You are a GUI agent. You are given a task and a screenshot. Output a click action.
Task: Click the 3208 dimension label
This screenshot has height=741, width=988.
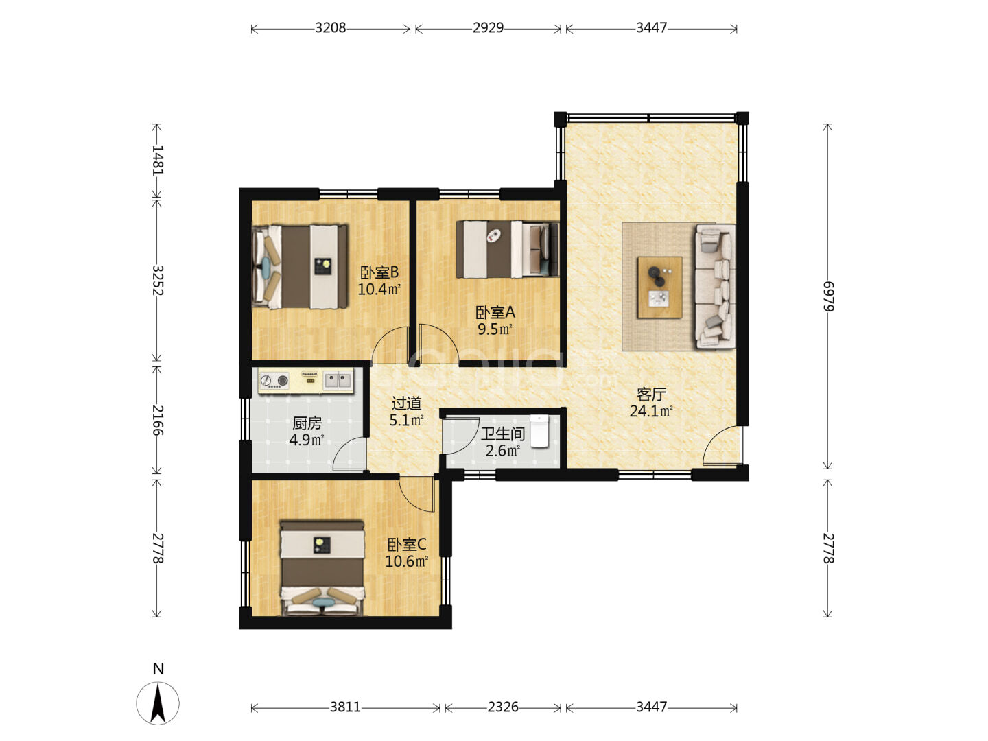click(330, 28)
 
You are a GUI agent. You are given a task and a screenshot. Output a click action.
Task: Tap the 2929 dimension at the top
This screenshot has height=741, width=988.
click(487, 28)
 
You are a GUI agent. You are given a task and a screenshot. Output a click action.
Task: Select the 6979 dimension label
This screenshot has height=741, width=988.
click(828, 296)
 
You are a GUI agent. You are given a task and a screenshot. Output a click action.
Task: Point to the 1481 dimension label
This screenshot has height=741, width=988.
click(158, 160)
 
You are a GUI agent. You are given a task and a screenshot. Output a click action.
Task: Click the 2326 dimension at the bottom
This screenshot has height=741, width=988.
click(503, 707)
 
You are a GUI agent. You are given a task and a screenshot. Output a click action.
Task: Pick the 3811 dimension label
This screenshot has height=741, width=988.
click(345, 707)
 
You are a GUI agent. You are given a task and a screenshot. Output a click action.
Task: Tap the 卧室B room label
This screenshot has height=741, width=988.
click(379, 272)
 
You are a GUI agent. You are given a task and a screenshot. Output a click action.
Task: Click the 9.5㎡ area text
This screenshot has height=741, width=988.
click(495, 329)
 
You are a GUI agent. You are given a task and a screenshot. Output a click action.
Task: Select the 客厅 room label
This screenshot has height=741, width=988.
click(651, 394)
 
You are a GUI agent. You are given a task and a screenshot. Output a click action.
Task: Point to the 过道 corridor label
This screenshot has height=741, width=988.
click(406, 403)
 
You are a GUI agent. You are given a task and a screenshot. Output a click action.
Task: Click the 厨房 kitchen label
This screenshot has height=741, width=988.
click(307, 423)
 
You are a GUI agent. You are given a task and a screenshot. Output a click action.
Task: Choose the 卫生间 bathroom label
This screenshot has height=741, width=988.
click(503, 434)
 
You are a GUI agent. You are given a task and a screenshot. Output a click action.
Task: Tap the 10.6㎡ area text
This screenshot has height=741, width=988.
click(406, 561)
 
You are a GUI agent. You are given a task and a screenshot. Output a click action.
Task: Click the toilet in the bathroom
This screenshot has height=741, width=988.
click(539, 431)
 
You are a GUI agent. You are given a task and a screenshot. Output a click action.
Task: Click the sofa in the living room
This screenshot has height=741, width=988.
click(716, 287)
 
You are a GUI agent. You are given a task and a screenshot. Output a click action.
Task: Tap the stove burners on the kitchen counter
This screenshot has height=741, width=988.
click(274, 381)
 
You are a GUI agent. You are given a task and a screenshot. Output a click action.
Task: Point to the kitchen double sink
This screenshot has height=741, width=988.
click(338, 380)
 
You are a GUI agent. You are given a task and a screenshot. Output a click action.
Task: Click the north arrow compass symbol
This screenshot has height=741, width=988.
click(158, 703)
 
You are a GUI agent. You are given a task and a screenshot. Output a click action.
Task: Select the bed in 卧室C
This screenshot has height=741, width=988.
click(322, 568)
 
